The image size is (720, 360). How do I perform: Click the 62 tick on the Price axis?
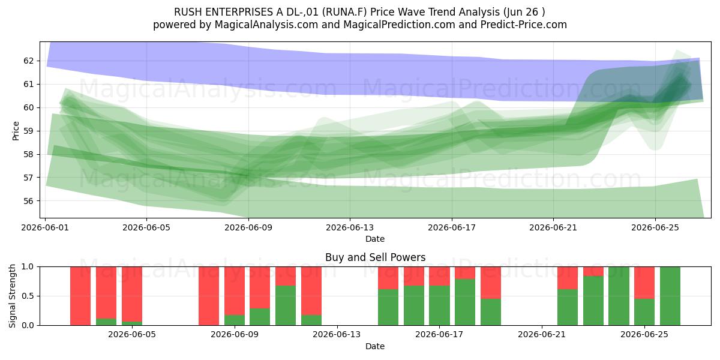(x=28, y=61)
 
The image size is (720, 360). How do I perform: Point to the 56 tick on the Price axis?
(x=28, y=201)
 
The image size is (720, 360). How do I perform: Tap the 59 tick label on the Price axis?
(x=28, y=131)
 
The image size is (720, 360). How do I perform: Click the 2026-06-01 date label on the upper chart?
(x=45, y=227)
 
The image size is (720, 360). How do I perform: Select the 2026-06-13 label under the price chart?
(x=350, y=227)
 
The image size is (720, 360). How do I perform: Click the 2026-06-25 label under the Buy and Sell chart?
(x=644, y=334)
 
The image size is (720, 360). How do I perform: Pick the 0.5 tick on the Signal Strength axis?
(x=28, y=296)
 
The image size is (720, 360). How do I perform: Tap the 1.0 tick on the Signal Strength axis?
(x=28, y=266)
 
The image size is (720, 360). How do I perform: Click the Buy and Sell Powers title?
(x=376, y=257)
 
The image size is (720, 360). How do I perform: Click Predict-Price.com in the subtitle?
(x=524, y=25)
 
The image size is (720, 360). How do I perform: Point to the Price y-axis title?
(x=16, y=131)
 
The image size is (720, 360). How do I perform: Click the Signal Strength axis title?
(x=12, y=296)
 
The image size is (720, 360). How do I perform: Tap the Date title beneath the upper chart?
(x=375, y=239)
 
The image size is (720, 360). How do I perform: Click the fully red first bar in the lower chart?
(x=80, y=296)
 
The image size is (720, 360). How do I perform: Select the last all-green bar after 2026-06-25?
(x=670, y=296)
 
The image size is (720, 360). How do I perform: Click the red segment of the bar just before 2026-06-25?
(x=644, y=283)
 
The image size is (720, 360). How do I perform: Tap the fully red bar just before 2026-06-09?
(x=209, y=296)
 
